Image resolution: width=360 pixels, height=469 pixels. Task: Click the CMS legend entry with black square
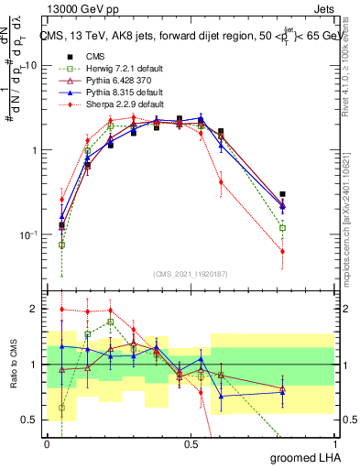point(94,56)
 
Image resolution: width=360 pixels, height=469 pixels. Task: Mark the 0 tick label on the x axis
point(48,444)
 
